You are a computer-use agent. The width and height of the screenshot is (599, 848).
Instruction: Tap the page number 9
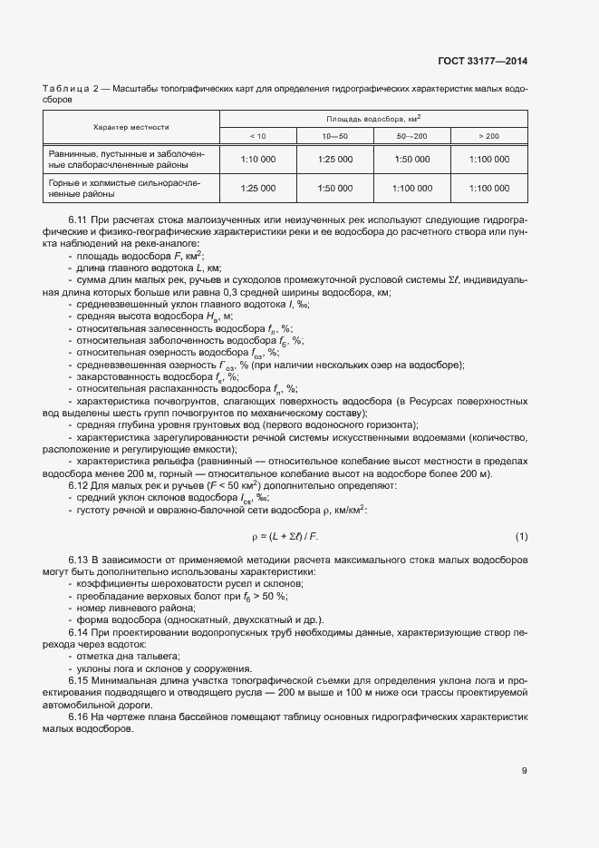(x=524, y=771)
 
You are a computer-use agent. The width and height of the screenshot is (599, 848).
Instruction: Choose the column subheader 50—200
(x=411, y=135)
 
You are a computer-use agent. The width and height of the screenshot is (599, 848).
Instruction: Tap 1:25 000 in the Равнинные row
(x=334, y=160)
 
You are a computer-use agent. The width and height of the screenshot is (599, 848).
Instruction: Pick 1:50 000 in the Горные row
(x=334, y=188)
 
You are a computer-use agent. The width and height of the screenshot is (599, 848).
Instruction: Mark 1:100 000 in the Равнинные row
(x=488, y=160)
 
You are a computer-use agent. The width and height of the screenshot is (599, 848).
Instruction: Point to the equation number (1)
(x=521, y=536)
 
